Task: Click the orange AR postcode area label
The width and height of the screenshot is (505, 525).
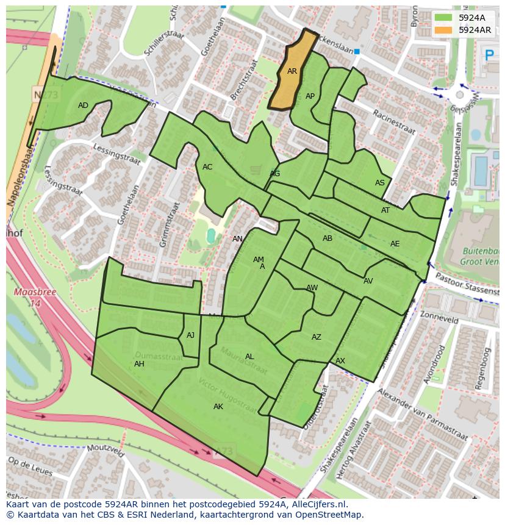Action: tap(292, 71)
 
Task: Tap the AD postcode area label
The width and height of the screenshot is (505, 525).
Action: tap(84, 105)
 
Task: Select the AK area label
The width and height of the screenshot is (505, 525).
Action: tap(218, 407)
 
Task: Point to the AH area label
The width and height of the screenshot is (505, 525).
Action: tap(139, 364)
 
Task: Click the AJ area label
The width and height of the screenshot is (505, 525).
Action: tap(191, 335)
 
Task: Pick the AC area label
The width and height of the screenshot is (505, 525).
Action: tap(207, 167)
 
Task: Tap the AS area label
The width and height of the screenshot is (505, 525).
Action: tap(380, 183)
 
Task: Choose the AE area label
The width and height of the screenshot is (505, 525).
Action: tap(395, 244)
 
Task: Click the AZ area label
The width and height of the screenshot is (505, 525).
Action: tap(317, 337)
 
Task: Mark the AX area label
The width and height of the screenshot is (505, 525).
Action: tap(340, 361)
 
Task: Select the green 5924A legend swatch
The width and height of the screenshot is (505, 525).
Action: tap(443, 18)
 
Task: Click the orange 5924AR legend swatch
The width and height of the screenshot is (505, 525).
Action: tap(443, 30)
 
